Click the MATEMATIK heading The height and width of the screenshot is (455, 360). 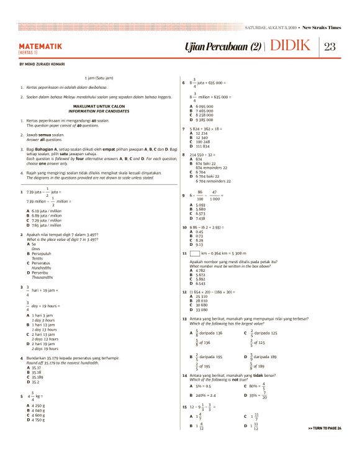click(40, 46)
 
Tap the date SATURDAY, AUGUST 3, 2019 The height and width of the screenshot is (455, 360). click(271, 27)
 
